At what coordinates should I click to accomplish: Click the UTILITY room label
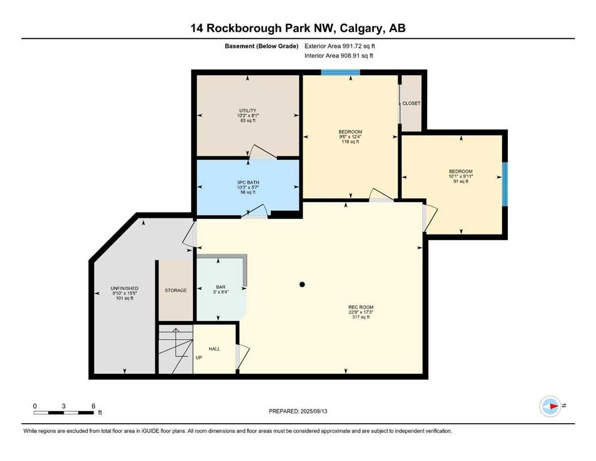tap(248, 110)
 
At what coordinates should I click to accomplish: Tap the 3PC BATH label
tap(248, 182)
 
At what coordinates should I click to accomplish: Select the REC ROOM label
tap(361, 307)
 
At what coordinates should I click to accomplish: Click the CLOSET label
tap(411, 103)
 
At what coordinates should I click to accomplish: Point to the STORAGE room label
tap(176, 291)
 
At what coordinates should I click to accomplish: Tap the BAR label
tap(221, 287)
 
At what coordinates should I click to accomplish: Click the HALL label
tap(214, 349)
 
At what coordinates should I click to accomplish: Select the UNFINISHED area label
tap(125, 289)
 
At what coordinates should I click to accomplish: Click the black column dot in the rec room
tap(302, 285)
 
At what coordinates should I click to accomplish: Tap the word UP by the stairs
tap(199, 358)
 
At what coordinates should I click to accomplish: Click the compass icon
tap(550, 406)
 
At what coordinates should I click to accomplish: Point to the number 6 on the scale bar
tap(94, 406)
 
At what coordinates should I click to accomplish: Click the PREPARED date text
tap(298, 411)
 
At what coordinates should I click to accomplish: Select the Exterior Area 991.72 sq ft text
tap(340, 46)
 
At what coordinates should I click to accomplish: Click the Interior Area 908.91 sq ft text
tap(339, 55)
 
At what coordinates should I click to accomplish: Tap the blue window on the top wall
tap(340, 72)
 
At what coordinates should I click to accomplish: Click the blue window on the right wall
tap(505, 184)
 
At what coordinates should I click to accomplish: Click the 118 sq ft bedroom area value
tap(351, 142)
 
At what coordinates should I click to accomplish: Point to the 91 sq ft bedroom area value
tap(461, 181)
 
